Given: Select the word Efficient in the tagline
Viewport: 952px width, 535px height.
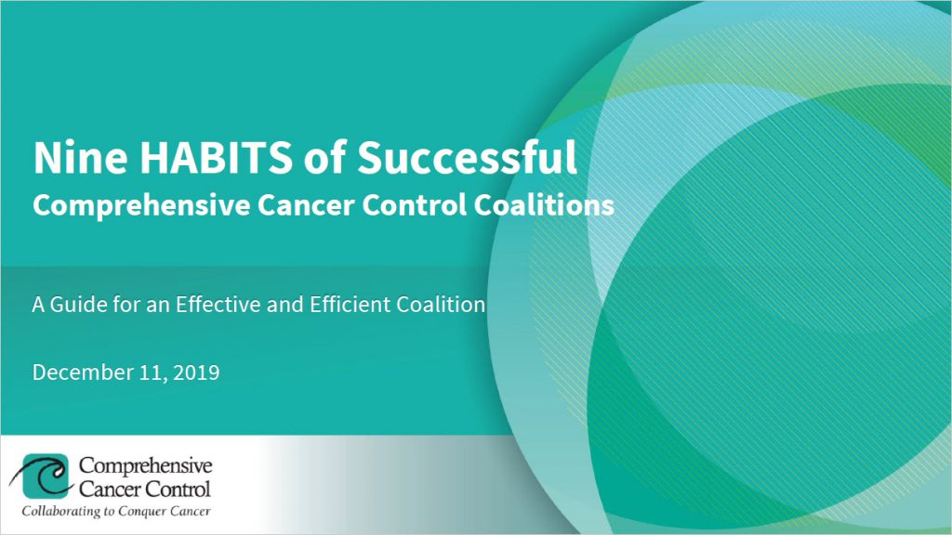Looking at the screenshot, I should [x=353, y=304].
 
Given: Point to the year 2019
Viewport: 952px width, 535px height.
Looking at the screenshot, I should [x=197, y=373].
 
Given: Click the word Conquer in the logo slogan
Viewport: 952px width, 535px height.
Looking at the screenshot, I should [x=154, y=511].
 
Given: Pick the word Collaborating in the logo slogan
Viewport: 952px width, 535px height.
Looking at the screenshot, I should [x=62, y=511].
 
